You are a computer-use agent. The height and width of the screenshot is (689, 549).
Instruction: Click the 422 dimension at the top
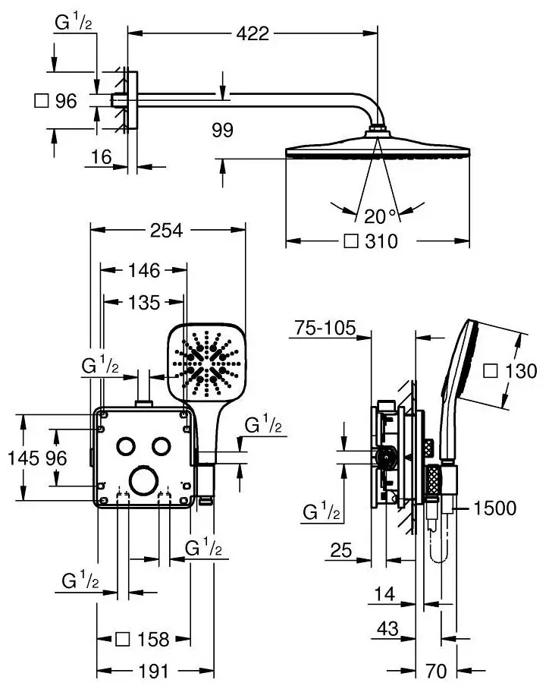click(253, 33)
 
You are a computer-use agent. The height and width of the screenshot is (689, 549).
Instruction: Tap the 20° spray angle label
click(381, 216)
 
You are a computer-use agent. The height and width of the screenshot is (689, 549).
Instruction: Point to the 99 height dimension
click(223, 130)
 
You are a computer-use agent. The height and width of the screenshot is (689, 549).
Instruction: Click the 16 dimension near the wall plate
click(102, 157)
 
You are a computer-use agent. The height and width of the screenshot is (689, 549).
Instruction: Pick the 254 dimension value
click(167, 230)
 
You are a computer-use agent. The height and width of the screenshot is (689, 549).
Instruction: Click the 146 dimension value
click(144, 270)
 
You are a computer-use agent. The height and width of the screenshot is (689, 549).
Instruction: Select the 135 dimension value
click(144, 302)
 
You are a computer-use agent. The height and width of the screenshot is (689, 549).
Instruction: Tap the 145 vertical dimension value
click(24, 458)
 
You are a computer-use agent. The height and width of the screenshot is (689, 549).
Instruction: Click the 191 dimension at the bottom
click(153, 672)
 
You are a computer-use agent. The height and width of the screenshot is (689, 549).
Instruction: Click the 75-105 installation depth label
click(325, 328)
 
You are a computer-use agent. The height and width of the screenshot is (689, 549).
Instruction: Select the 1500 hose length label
click(494, 508)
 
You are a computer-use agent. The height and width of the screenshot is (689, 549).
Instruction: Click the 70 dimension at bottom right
click(436, 672)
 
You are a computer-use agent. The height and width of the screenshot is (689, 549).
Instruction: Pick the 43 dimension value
click(387, 628)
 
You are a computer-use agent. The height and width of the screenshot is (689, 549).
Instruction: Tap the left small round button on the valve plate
click(126, 446)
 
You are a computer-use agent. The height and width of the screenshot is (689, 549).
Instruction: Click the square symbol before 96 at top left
click(41, 101)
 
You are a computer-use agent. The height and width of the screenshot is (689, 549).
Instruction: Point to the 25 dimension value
click(341, 550)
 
